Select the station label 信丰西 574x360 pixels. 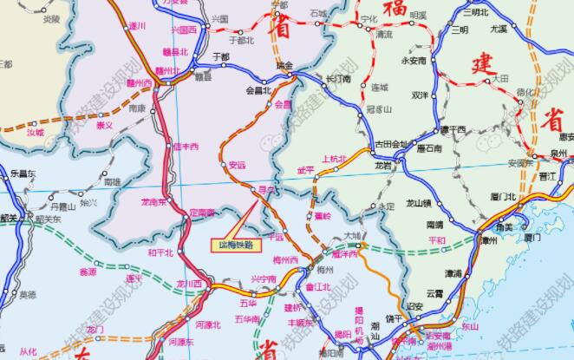[x=186, y=146]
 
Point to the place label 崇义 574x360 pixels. [x=104, y=125]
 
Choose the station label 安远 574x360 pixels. [x=238, y=164]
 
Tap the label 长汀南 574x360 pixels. [x=336, y=79]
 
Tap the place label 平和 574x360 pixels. [x=425, y=240]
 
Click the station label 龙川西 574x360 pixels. [x=189, y=284]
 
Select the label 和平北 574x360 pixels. [x=161, y=252]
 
